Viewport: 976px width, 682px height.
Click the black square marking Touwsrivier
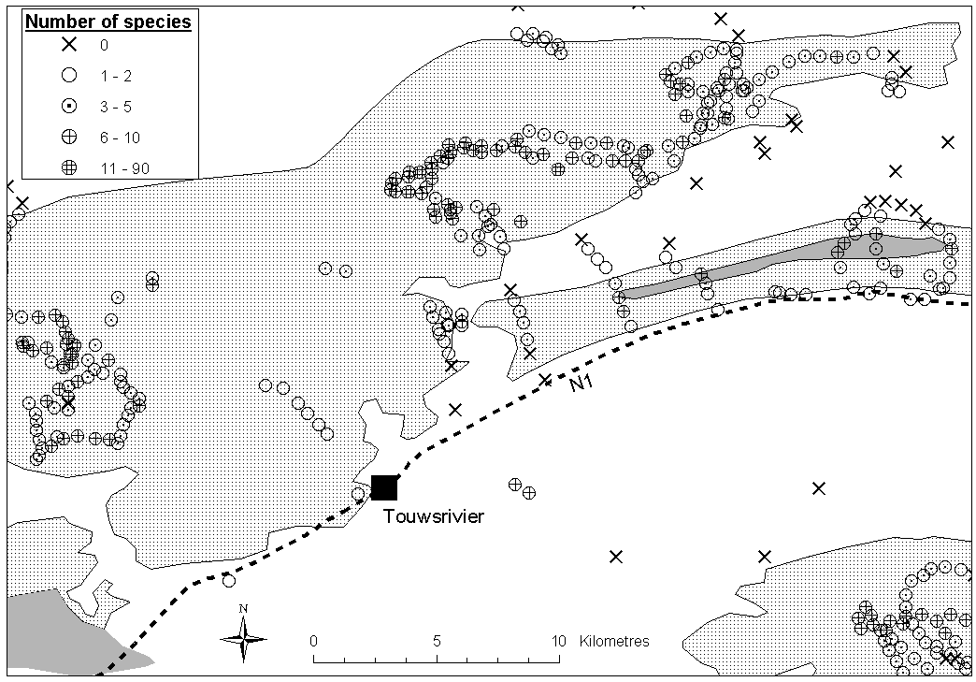tap(384, 487)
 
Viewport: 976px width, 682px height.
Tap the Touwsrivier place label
tap(434, 516)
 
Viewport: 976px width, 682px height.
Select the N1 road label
tap(581, 382)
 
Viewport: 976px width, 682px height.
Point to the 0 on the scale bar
tap(313, 642)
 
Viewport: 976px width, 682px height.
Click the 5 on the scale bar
tap(437, 642)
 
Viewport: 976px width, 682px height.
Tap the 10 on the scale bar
tap(558, 642)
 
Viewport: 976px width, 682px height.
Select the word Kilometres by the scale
tap(614, 642)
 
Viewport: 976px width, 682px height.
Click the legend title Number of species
tap(108, 22)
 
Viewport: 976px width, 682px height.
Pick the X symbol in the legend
tap(67, 45)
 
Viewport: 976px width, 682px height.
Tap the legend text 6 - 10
tap(120, 138)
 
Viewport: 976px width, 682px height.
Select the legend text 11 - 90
tap(123, 168)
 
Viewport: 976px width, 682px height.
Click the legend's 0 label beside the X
tap(103, 45)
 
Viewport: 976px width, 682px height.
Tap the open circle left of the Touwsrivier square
tap(359, 494)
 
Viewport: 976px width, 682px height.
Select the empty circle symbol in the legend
tap(67, 76)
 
